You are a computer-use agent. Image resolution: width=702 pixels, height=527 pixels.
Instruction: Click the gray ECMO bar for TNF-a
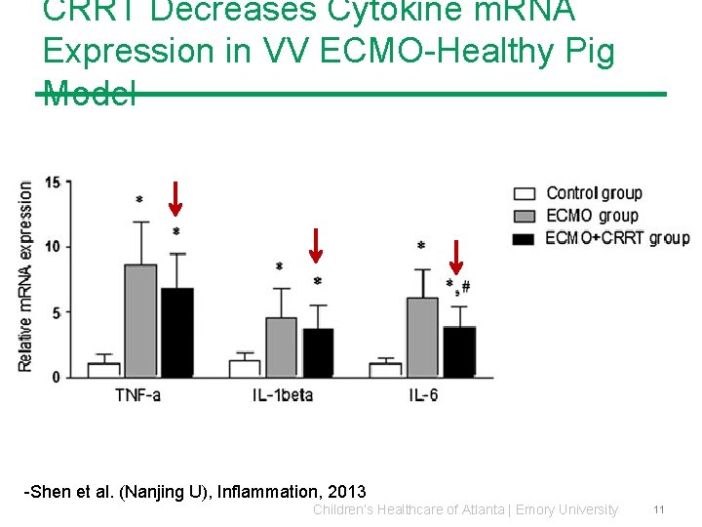coord(140,320)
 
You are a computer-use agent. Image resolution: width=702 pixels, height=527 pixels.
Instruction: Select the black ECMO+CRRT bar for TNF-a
coord(176,332)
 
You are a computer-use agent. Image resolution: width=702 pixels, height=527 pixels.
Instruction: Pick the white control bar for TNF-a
coord(103,370)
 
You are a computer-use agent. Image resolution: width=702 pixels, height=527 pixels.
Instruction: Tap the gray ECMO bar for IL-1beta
coord(281,346)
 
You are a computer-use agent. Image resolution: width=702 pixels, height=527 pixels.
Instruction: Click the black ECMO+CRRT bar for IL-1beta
coord(318,352)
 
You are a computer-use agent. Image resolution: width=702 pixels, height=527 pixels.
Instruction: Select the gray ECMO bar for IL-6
coord(421,337)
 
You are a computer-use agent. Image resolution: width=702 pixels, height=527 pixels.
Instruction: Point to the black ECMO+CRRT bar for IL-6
coord(459,351)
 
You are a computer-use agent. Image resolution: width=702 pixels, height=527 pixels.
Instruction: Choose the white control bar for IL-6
coord(385,370)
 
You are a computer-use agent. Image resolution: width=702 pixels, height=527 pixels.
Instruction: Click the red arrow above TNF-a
coord(175,199)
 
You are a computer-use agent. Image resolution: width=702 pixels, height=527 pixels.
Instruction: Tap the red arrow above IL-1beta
coord(316,245)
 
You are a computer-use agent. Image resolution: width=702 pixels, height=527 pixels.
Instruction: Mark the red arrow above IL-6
coord(456,257)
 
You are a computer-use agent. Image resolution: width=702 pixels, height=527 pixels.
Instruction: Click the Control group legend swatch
coord(525,193)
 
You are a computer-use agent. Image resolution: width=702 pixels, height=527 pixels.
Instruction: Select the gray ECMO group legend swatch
coord(525,216)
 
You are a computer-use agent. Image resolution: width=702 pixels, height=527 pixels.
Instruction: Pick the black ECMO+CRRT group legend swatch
coord(525,238)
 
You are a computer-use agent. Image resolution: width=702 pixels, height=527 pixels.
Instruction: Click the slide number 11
coord(659,509)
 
